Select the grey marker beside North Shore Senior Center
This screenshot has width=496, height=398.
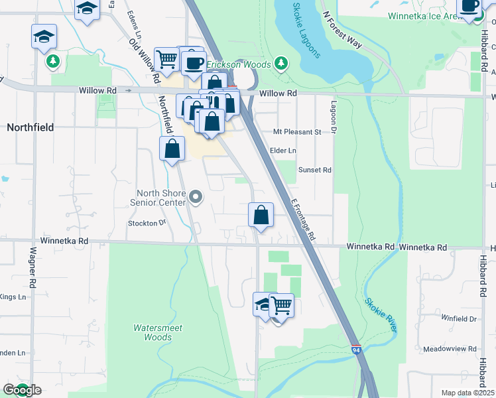[196, 197]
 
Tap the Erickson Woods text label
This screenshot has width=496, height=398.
[239, 64]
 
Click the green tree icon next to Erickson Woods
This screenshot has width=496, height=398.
[282, 63]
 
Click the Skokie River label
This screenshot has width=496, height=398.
[381, 314]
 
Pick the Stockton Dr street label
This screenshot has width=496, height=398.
[147, 224]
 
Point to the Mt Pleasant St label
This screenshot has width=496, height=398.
[297, 132]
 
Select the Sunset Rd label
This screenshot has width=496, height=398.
[314, 170]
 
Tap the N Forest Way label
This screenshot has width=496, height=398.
[342, 29]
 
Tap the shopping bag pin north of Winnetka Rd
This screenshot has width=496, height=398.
[261, 216]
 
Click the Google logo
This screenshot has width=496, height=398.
[22, 390]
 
